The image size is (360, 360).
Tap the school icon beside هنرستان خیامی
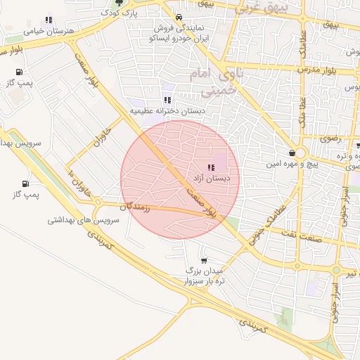pos(48,20)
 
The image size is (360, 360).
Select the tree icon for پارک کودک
pos(118,3)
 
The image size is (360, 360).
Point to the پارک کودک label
pos(117,13)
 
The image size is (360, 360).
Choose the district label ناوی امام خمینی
pos(214,82)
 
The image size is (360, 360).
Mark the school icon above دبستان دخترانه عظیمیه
pos(167,100)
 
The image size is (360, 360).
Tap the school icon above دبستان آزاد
pos(211,167)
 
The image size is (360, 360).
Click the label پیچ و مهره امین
pos(269,164)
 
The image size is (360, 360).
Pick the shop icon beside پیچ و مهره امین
pos(292,153)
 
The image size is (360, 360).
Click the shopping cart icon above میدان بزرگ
pos(205,259)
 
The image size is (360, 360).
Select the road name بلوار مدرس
pos(316,70)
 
